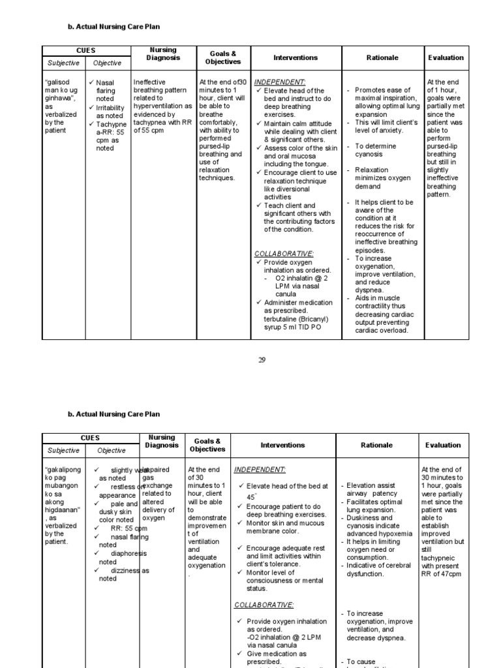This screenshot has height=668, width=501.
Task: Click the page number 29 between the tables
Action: pyautogui.click(x=262, y=359)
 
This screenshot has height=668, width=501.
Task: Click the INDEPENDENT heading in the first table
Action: pyautogui.click(x=280, y=82)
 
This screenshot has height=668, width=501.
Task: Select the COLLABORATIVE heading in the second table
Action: pyautogui.click(x=264, y=605)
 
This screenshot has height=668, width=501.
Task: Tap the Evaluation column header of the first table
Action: pyautogui.click(x=446, y=57)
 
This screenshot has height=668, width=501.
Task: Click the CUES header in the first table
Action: pyautogui.click(x=85, y=50)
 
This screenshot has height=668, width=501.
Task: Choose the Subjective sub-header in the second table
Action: pyautogui.click(x=63, y=450)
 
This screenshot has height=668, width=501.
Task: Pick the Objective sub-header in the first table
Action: pyautogui.click(x=107, y=63)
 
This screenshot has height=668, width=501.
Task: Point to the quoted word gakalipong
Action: pyautogui.click(x=64, y=470)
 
